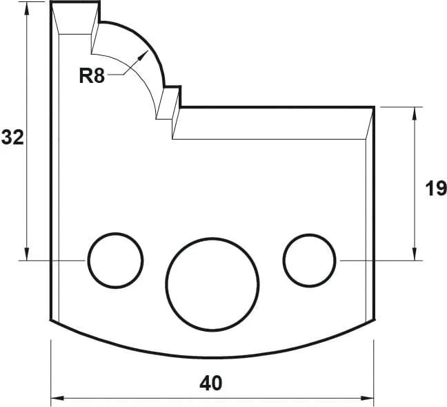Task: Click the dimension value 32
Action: [12, 138]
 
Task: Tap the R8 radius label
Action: [91, 76]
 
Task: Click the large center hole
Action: [212, 283]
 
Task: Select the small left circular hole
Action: [115, 260]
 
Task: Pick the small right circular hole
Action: [310, 260]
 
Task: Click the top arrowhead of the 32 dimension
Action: [27, 7]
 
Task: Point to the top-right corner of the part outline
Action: [374, 107]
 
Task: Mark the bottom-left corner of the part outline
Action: [51, 320]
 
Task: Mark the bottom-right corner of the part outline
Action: [374, 320]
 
